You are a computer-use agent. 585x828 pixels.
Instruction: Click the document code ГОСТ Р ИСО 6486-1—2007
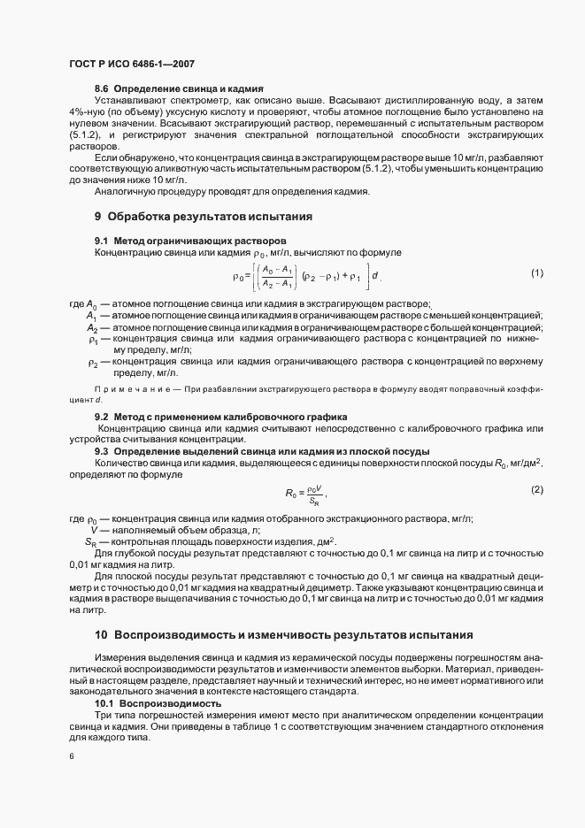pyautogui.click(x=130, y=64)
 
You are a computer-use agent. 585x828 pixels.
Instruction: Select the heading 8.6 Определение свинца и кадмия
pyautogui.click(x=180, y=89)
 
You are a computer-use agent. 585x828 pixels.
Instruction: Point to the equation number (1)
pyautogui.click(x=536, y=273)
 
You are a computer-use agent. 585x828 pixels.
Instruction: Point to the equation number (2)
pyautogui.click(x=536, y=489)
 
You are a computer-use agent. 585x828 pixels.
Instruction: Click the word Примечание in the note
pyautogui.click(x=130, y=389)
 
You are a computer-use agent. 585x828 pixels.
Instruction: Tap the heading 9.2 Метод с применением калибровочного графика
pyautogui.click(x=220, y=416)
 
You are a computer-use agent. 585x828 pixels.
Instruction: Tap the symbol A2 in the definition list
pyautogui.click(x=92, y=327)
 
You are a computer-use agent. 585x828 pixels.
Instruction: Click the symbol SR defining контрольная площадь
pyautogui.click(x=90, y=541)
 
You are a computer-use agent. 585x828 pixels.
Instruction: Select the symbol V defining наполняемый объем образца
pyautogui.click(x=93, y=530)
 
